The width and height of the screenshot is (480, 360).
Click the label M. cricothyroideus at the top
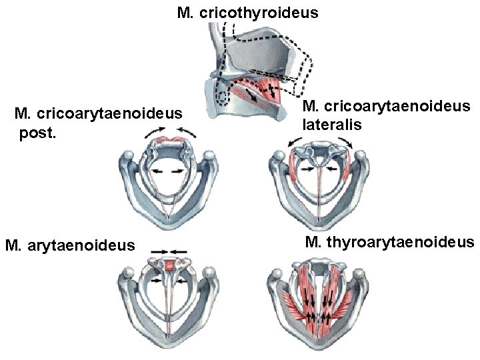(247, 13)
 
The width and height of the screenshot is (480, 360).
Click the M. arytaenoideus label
(69, 246)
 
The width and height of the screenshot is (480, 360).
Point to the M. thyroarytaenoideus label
(389, 241)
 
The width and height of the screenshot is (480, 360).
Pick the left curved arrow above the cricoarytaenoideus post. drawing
(151, 137)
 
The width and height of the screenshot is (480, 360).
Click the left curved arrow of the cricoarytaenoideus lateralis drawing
(293, 142)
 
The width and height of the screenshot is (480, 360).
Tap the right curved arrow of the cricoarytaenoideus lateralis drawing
(347, 141)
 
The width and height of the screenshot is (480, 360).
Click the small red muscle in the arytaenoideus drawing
(169, 266)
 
